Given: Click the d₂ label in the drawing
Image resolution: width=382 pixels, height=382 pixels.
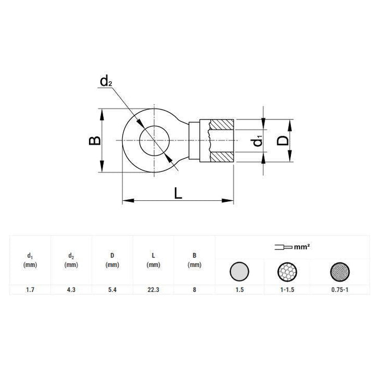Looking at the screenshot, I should (106, 82).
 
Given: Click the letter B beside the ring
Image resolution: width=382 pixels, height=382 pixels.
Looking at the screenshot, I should (95, 140).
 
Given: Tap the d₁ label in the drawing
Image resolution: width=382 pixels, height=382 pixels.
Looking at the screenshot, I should (258, 141).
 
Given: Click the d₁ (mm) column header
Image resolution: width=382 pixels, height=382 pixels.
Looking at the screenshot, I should (29, 260).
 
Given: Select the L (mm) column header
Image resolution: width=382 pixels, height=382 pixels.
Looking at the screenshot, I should (153, 260).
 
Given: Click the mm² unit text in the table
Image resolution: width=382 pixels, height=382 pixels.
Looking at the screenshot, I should (302, 247).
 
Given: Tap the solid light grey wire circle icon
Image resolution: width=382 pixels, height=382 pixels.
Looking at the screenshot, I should (240, 271).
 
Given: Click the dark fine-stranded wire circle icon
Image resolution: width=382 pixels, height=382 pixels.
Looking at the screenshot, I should (341, 271).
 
